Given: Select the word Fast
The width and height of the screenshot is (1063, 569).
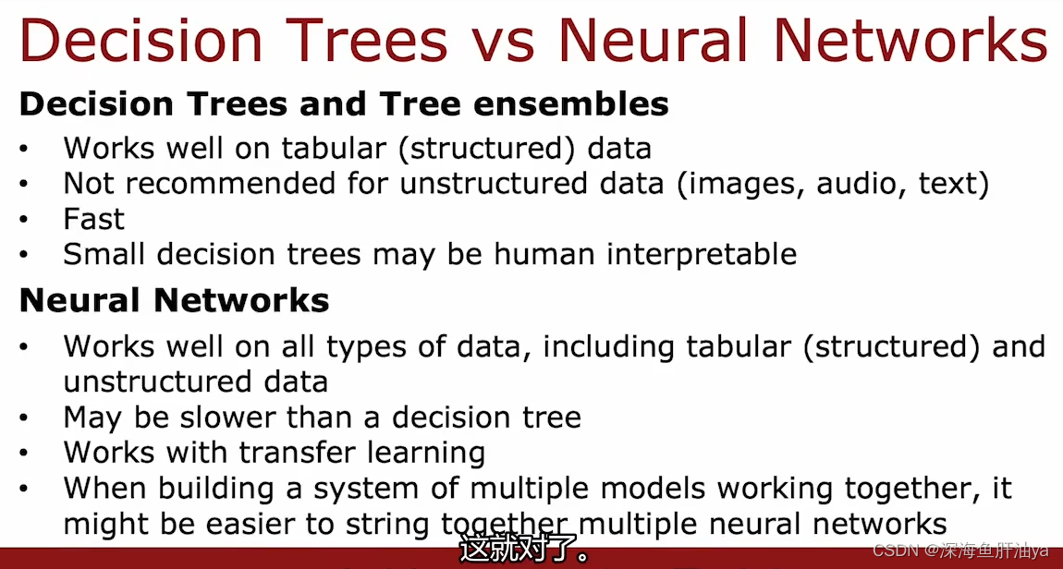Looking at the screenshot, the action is pyautogui.click(x=93, y=219).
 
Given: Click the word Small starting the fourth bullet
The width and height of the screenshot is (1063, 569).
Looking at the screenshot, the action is pyautogui.click(x=104, y=254).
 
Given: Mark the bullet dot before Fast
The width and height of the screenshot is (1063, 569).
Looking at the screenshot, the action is pyautogui.click(x=24, y=220).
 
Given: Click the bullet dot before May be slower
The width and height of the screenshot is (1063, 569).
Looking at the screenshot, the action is pyautogui.click(x=24, y=418).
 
